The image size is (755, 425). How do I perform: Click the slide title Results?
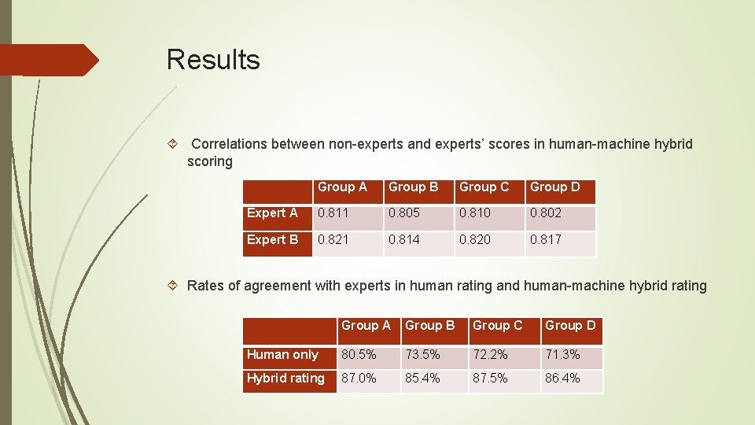coord(213,60)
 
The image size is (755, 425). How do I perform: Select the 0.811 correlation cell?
coord(331,213)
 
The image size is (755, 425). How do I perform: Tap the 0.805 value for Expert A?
coord(405,213)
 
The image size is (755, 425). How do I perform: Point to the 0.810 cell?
coord(476,213)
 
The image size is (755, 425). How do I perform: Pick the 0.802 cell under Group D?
coord(546,213)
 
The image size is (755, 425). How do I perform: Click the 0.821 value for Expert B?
coord(331,240)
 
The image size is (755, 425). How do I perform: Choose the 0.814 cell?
coord(405,240)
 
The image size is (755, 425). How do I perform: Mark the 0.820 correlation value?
coord(476,240)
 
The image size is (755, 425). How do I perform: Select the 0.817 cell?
coord(546,240)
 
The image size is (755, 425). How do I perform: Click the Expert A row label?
coord(272,213)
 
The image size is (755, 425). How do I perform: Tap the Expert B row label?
coord(272,240)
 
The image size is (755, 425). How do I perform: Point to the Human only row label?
coord(282,355)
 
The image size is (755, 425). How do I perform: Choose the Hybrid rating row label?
coord(285,379)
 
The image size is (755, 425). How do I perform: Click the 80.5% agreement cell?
coord(358,355)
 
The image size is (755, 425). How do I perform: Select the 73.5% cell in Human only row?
coord(422,355)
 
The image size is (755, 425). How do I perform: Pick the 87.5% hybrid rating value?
coord(490,379)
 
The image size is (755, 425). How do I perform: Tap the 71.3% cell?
coord(562,355)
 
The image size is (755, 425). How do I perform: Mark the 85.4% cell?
coord(422,379)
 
